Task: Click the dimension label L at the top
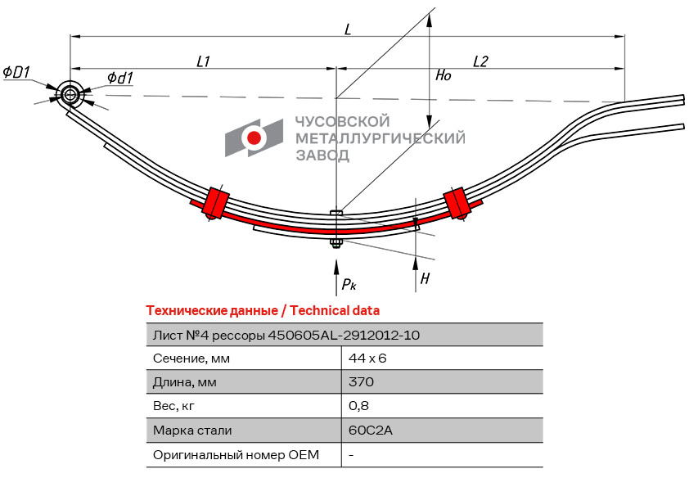click(x=348, y=29)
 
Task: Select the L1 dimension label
click(x=204, y=61)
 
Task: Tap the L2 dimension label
click(x=480, y=61)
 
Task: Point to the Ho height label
click(x=443, y=75)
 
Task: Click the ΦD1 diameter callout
click(x=16, y=73)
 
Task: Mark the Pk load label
click(x=349, y=284)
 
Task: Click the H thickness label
click(x=425, y=279)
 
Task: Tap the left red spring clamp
click(x=216, y=201)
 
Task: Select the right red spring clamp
click(x=456, y=201)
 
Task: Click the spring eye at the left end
click(x=70, y=95)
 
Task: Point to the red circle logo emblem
click(x=254, y=138)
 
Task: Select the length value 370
click(x=361, y=382)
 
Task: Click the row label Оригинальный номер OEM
click(x=236, y=454)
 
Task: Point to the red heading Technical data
click(x=334, y=311)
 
